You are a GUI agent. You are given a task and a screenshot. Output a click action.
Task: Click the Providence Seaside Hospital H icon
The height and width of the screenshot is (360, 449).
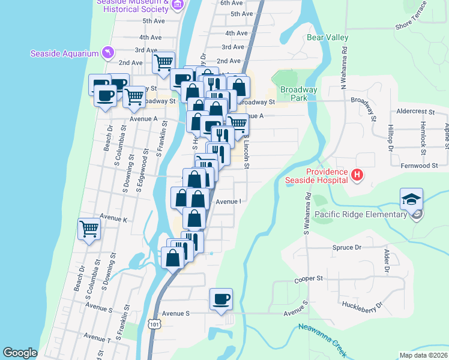(x=357, y=175)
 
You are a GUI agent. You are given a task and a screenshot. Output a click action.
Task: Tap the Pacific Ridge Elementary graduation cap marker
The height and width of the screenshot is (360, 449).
(x=411, y=199)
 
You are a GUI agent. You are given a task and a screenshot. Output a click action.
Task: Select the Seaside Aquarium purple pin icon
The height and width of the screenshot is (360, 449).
(x=107, y=53)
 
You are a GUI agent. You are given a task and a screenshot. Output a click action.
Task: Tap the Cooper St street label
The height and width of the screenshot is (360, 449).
(x=309, y=279)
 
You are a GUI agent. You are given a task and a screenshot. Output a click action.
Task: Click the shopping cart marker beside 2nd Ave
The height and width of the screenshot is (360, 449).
(x=163, y=62)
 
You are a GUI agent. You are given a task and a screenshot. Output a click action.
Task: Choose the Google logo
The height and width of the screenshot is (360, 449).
(x=20, y=353)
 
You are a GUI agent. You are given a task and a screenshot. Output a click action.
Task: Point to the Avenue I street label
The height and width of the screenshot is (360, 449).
(x=228, y=202)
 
